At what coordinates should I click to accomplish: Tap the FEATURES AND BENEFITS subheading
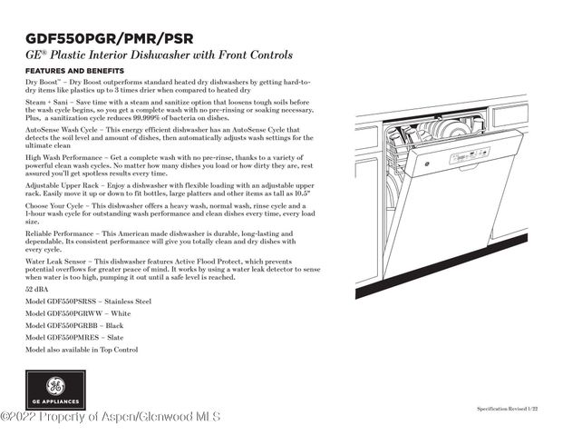74,71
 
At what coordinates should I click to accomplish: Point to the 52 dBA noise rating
37,288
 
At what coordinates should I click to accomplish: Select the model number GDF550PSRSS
70,300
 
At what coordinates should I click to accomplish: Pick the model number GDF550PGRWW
70,312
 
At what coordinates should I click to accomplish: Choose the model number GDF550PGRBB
70,325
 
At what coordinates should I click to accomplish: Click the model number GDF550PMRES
70,337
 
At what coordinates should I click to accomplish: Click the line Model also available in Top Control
82,350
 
